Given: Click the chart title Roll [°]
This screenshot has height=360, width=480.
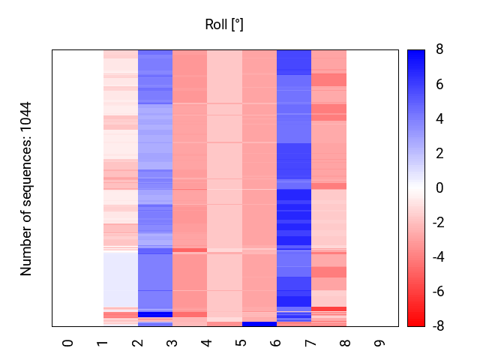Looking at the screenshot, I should [x=224, y=25].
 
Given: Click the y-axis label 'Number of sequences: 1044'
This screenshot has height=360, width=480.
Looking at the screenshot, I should [x=27, y=188].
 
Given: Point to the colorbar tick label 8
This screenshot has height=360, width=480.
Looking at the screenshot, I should [x=439, y=50].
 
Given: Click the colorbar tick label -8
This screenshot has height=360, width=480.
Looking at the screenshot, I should [x=437, y=326].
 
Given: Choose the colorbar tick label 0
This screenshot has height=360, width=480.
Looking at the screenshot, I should [x=439, y=188].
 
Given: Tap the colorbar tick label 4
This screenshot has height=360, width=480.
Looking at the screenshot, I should [x=439, y=119].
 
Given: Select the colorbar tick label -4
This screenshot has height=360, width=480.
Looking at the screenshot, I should [x=437, y=257].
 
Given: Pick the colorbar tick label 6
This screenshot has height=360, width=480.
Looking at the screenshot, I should [x=439, y=85].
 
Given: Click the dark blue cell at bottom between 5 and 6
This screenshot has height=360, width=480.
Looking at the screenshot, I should [x=259, y=324].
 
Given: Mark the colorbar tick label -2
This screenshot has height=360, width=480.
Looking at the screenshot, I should [x=437, y=223].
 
